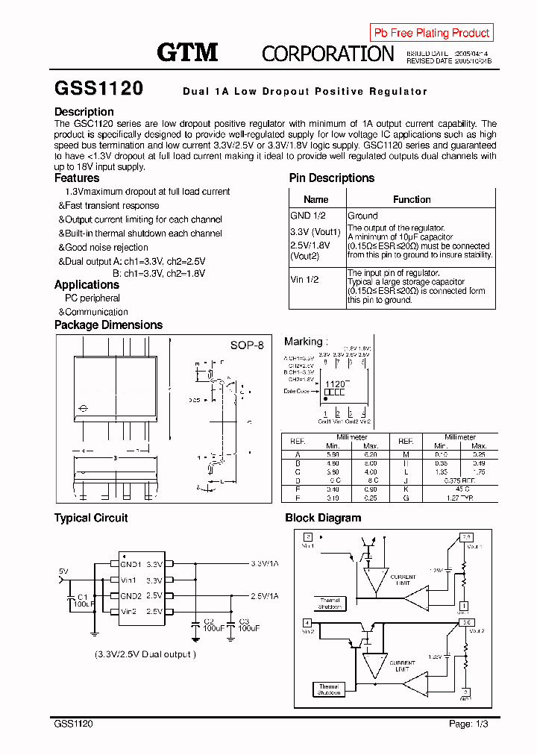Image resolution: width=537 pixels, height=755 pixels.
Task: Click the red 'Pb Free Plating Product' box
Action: coord(431,33)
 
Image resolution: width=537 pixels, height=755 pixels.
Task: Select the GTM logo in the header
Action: coord(187,52)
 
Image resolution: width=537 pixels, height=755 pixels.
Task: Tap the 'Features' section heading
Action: coord(77,178)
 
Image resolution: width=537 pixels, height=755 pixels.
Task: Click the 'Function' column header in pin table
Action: coord(412,199)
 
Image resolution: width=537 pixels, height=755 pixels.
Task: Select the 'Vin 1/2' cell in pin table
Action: coord(304,279)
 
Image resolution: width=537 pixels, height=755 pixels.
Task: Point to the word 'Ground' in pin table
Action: coord(363,216)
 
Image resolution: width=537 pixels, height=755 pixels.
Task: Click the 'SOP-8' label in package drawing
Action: coord(246,345)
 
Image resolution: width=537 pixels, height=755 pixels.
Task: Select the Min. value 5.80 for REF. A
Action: coord(333,454)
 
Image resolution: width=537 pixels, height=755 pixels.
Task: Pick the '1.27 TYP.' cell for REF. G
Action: coord(461,496)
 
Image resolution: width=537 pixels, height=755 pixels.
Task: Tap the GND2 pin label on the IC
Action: coord(131,596)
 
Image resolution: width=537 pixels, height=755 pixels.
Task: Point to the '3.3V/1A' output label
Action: coord(264,564)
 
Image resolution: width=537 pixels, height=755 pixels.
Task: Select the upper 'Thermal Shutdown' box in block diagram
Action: coord(330,604)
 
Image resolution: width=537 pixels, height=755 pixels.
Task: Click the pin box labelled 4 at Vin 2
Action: coord(307,622)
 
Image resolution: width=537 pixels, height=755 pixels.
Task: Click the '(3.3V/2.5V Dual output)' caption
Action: coord(145,654)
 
